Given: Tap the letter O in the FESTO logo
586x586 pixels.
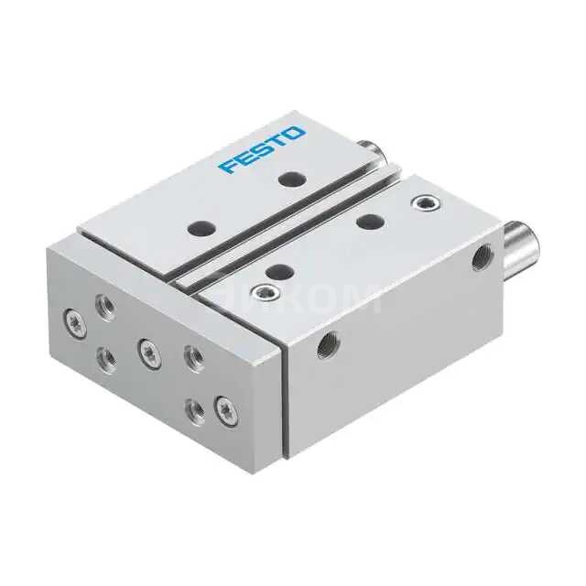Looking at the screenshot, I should pyautogui.click(x=296, y=135).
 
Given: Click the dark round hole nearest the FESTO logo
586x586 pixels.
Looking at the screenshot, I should pyautogui.click(x=291, y=179).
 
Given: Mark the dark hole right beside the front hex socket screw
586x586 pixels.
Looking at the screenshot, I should pyautogui.click(x=280, y=270).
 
